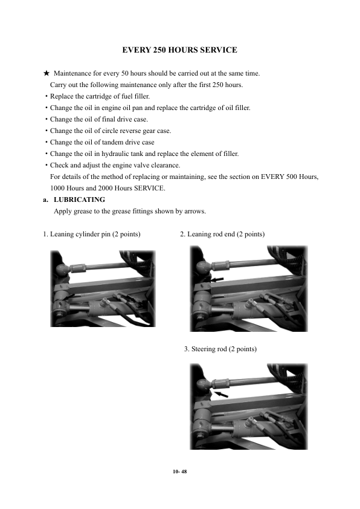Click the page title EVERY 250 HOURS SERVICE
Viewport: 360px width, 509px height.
(179, 50)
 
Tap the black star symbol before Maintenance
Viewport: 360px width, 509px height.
(47, 73)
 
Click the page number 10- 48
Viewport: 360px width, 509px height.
(180, 472)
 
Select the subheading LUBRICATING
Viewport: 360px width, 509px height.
(80, 199)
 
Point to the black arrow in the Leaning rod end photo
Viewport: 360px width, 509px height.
(217, 279)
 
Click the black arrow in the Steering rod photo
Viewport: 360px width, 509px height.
(222, 394)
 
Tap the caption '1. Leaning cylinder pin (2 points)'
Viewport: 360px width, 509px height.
(92, 235)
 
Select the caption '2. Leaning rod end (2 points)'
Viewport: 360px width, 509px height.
(222, 235)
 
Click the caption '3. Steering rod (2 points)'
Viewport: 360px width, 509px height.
(220, 349)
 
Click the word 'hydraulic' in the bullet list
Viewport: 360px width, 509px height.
(115, 154)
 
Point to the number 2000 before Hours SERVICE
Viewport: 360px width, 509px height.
(105, 188)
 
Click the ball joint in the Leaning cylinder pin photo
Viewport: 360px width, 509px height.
(62, 269)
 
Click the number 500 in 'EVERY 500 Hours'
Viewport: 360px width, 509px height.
(292, 177)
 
